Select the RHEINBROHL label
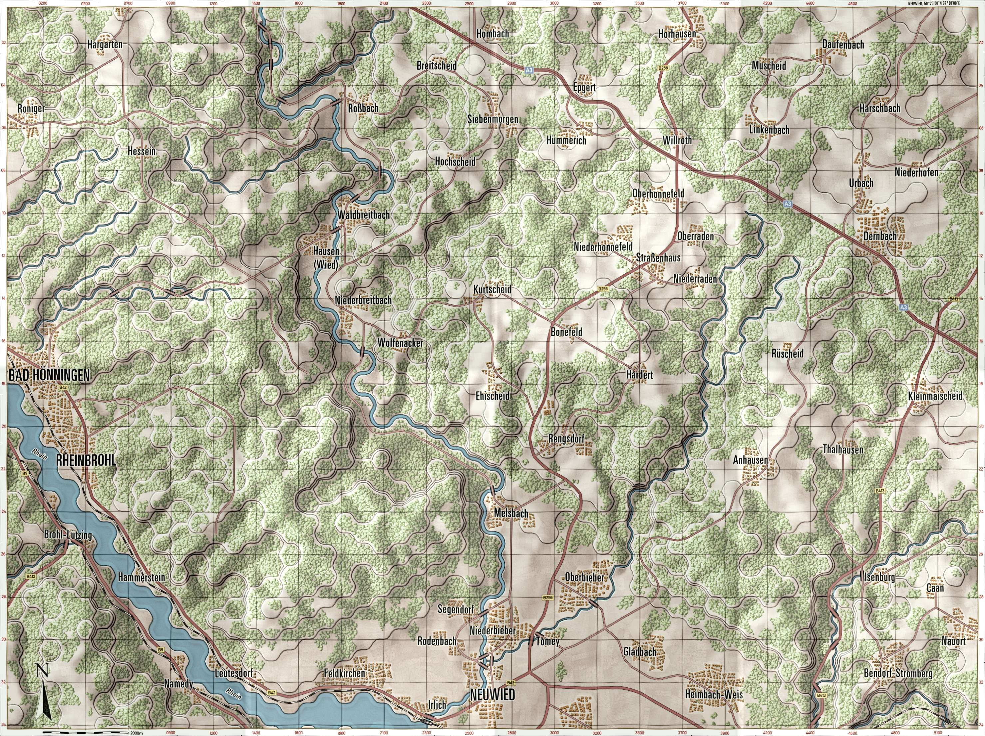click(x=86, y=461)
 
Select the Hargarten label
click(x=105, y=45)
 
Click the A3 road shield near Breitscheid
click(x=528, y=70)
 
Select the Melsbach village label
click(x=511, y=514)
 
